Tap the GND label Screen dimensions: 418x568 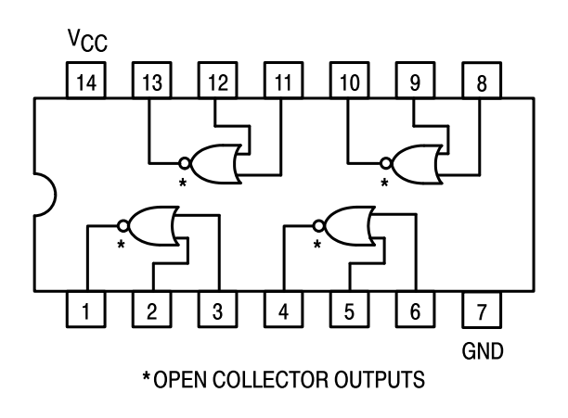point(481,351)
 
